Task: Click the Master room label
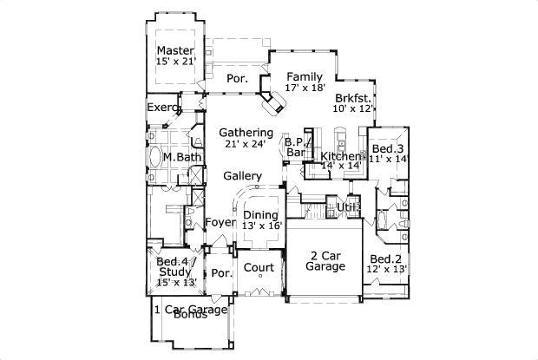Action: (175, 51)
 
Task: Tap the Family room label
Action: (305, 75)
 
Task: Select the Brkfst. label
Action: (353, 98)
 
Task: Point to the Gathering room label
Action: (246, 133)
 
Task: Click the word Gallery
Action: (243, 176)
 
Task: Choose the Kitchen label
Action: (340, 156)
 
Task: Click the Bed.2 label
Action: (387, 259)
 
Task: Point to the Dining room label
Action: (260, 215)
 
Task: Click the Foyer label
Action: (218, 223)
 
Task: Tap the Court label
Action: (259, 267)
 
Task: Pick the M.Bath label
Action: (181, 157)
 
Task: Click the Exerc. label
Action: (162, 108)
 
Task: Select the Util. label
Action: (349, 206)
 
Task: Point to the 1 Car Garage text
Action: (190, 309)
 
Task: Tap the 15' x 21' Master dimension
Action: (175, 62)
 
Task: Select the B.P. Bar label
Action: (295, 147)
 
